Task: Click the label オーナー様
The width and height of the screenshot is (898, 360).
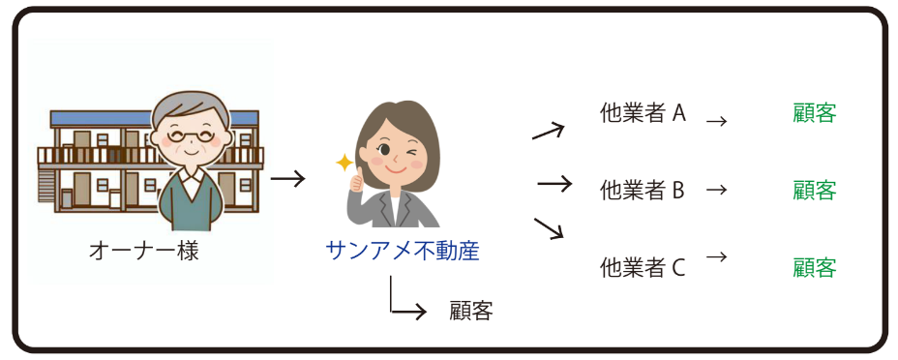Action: coord(143,253)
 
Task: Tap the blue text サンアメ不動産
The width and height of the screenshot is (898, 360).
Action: coord(403,253)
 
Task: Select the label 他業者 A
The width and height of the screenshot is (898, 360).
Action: coord(643,113)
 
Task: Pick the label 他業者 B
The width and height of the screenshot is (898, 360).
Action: coord(643,190)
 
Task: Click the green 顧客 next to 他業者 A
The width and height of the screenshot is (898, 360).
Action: coord(814,113)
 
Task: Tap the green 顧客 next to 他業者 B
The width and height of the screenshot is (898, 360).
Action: coord(814,190)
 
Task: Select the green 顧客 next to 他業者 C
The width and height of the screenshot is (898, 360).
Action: coord(814,267)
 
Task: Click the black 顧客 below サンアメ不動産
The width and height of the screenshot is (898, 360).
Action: coord(471,312)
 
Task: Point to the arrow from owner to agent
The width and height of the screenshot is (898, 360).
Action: coord(287,179)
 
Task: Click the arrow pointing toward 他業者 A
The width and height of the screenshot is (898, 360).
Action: coord(548,131)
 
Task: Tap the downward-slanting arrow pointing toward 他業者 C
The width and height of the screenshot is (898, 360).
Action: coord(548,229)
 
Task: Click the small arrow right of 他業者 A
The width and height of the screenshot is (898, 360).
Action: coord(716,122)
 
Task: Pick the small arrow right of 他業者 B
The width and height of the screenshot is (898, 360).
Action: coord(716,191)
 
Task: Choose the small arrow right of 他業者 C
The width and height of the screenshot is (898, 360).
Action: coord(716,257)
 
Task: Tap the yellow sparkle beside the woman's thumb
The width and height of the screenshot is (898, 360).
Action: coord(344,163)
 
